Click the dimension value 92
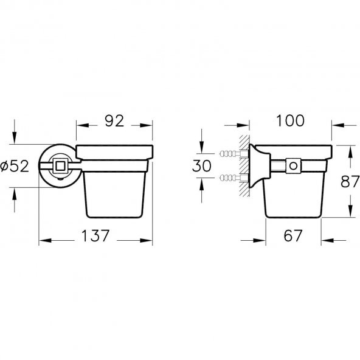pyautogui.click(x=114, y=120)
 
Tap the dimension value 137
pyautogui.click(x=95, y=235)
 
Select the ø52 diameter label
pyautogui.click(x=15, y=166)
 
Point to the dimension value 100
pyautogui.click(x=290, y=120)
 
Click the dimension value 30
pyautogui.click(x=201, y=166)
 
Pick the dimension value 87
pyautogui.click(x=350, y=181)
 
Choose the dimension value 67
pyautogui.click(x=293, y=235)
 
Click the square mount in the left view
pyautogui.click(x=60, y=166)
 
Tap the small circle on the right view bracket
pyautogui.click(x=294, y=166)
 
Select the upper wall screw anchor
pyautogui.click(x=234, y=153)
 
